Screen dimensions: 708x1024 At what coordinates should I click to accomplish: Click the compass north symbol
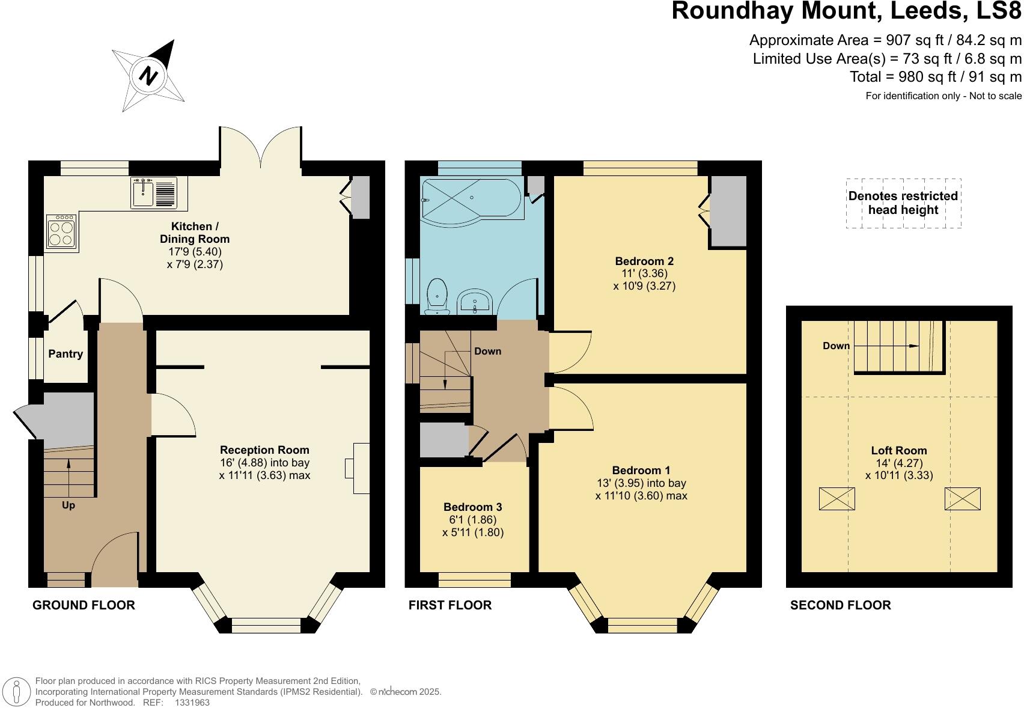(148, 76)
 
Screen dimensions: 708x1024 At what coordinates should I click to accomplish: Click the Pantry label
(66, 354)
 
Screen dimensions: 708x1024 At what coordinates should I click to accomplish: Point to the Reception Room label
(264, 450)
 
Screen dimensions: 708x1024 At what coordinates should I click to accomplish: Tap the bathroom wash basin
(475, 301)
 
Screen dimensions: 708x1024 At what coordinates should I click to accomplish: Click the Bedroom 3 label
(473, 507)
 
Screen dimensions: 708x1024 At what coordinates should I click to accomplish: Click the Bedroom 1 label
(641, 471)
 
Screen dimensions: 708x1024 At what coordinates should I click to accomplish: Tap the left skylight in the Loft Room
(837, 499)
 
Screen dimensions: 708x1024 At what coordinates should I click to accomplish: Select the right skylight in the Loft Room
(962, 499)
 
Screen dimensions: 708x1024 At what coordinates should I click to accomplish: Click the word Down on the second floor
(837, 346)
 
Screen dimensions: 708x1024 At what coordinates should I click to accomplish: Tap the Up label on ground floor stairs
(69, 505)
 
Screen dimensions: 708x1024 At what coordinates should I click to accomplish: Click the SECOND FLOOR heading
(840, 605)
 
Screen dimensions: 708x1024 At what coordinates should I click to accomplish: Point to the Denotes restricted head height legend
(903, 203)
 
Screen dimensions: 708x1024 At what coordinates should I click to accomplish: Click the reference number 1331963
(192, 702)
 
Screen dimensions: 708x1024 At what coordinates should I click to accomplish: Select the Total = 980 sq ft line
(935, 77)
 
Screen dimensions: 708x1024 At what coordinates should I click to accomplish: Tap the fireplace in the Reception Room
(361, 468)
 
